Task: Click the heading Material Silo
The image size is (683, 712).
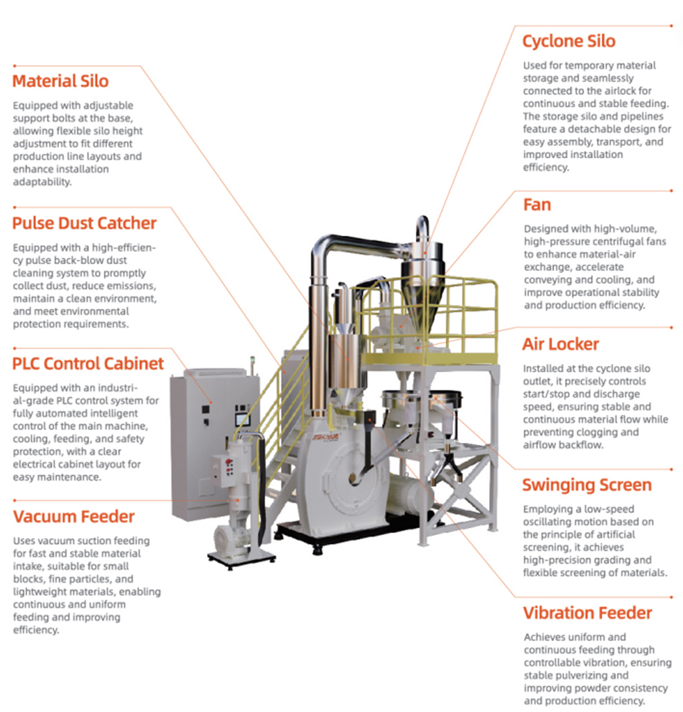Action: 60,81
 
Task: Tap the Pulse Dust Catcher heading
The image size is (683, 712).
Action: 84,223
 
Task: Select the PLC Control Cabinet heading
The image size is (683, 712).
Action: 88,363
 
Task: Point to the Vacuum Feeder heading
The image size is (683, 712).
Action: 73,517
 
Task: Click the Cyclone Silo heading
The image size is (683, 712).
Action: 568,41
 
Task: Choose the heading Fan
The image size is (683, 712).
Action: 536,204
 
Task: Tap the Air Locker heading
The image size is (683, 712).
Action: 560,344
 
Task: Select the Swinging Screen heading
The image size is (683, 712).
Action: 587,485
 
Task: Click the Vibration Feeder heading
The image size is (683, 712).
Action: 587,613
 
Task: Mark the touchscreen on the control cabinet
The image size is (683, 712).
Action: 242,415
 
